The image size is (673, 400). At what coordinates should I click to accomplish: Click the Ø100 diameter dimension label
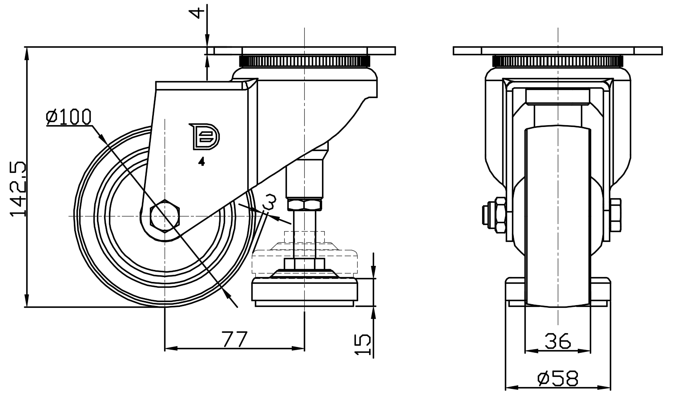click(x=69, y=117)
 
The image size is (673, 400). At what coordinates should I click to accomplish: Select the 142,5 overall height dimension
click(x=18, y=189)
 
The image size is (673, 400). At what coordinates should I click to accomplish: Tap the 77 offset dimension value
click(x=234, y=339)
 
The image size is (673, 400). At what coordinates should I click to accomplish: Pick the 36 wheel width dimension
click(x=558, y=342)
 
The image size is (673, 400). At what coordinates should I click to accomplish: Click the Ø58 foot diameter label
click(x=558, y=379)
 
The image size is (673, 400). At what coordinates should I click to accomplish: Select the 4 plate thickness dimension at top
click(x=196, y=12)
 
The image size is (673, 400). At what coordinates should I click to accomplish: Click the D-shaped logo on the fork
click(x=204, y=136)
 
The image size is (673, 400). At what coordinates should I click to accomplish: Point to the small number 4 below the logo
click(x=201, y=162)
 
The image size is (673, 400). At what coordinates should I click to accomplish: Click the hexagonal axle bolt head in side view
click(x=165, y=216)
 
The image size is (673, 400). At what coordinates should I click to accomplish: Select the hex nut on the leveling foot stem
click(x=304, y=205)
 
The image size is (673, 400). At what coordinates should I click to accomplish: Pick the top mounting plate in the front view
click(x=558, y=50)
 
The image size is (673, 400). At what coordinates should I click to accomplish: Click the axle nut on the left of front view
click(x=495, y=215)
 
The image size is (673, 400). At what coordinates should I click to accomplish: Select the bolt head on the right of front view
click(x=616, y=215)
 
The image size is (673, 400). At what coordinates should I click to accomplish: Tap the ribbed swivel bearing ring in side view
click(x=304, y=61)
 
